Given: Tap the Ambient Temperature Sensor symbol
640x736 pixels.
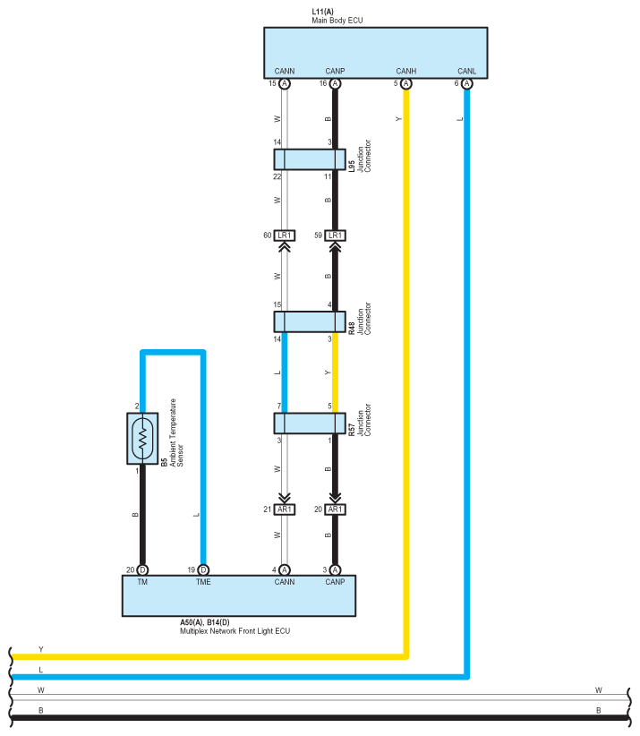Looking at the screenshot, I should coord(142,438).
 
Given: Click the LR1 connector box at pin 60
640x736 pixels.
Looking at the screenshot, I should coord(285,235).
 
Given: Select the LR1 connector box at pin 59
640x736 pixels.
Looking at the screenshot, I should coord(335,235).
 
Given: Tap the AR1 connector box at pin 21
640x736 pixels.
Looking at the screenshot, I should coord(285,509).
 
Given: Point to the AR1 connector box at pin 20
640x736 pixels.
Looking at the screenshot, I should coord(335,509).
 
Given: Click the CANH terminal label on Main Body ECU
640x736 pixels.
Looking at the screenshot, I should coord(406,71).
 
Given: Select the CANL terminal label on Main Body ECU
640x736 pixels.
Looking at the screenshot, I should coord(466,71).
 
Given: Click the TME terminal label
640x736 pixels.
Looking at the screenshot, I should coord(203,582).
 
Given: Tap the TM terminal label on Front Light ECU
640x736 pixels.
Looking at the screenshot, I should coord(142,582).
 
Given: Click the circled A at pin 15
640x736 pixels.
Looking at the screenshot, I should coord(285,83).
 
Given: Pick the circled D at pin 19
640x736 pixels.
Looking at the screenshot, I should coord(203,569).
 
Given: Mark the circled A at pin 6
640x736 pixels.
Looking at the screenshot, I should coord(466,83).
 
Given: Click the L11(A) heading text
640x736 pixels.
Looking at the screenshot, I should coord(323,11).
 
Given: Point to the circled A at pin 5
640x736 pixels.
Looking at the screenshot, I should coord(406,83).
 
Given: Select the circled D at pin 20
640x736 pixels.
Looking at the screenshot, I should coord(142,569).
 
